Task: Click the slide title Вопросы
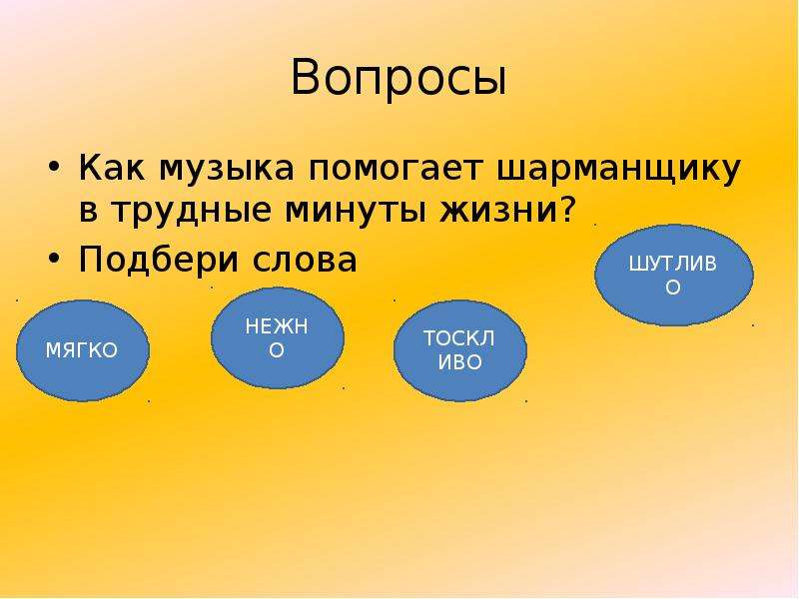click(x=399, y=78)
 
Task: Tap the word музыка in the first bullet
click(x=227, y=169)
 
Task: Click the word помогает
click(x=395, y=168)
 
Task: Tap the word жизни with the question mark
click(x=508, y=209)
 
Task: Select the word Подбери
click(x=159, y=259)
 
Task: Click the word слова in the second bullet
click(x=305, y=260)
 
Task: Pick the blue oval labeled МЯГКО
click(x=83, y=350)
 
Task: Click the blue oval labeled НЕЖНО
click(x=278, y=338)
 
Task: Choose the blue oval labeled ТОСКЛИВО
click(x=459, y=350)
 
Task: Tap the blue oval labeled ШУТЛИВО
click(x=673, y=276)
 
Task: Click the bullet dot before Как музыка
click(x=55, y=167)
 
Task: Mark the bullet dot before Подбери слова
click(x=55, y=258)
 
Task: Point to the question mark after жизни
click(x=567, y=209)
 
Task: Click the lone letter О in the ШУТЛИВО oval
click(x=672, y=288)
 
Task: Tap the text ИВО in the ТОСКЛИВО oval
click(x=459, y=362)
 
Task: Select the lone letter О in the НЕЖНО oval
click(x=277, y=350)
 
